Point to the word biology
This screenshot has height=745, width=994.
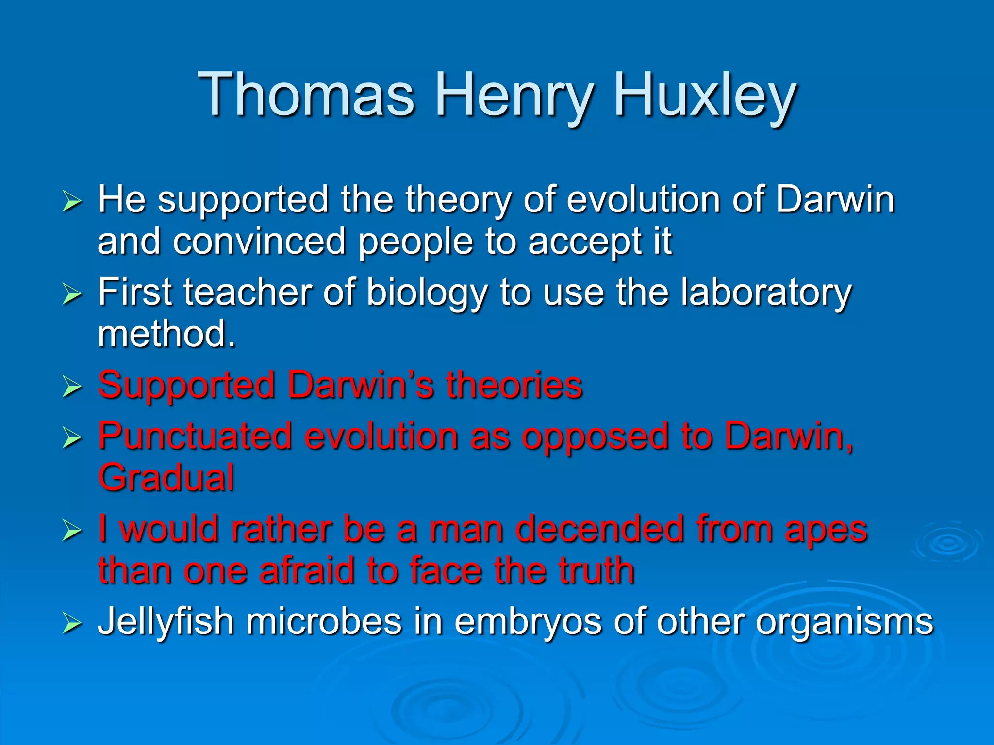pos(427,293)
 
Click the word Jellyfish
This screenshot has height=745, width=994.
pos(166,622)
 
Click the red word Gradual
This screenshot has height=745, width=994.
pos(166,478)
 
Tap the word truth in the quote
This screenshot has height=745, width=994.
pos(596,570)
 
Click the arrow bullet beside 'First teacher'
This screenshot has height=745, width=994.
pos(72,294)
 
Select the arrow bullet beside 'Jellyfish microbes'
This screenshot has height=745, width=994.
pos(72,623)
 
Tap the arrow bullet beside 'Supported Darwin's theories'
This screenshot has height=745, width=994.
pos(72,387)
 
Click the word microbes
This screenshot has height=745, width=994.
pos(324,622)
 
